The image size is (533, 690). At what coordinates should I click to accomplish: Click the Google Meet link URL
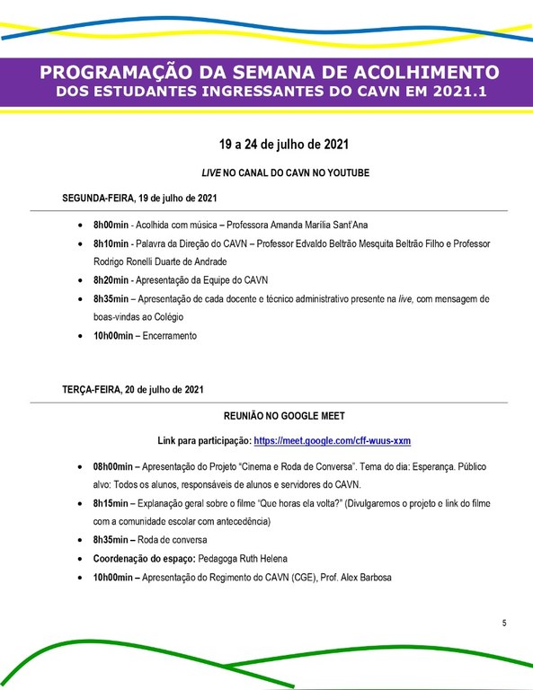pos(333,441)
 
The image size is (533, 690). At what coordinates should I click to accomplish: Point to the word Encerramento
pos(169,335)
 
